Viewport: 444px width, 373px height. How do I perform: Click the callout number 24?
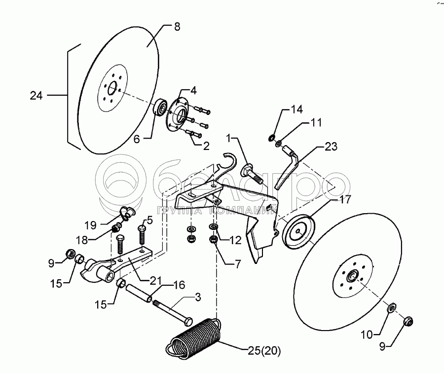tap(36, 96)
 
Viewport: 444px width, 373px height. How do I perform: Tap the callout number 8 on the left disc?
tap(177, 27)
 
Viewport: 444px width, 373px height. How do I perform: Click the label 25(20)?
tap(263, 351)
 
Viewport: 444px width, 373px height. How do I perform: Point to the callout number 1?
tap(229, 137)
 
